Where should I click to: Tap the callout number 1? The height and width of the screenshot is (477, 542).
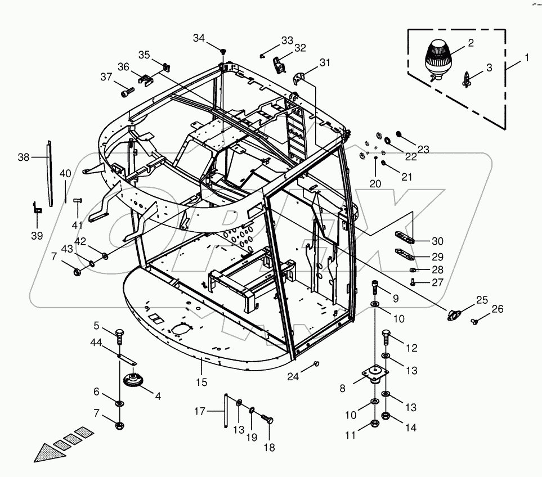coord(527,58)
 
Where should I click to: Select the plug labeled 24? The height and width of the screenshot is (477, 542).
coord(316,363)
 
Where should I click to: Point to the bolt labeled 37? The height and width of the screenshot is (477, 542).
coord(127,90)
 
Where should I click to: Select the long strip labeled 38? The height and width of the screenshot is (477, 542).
coord(50,174)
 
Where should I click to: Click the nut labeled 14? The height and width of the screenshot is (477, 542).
coord(386,417)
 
